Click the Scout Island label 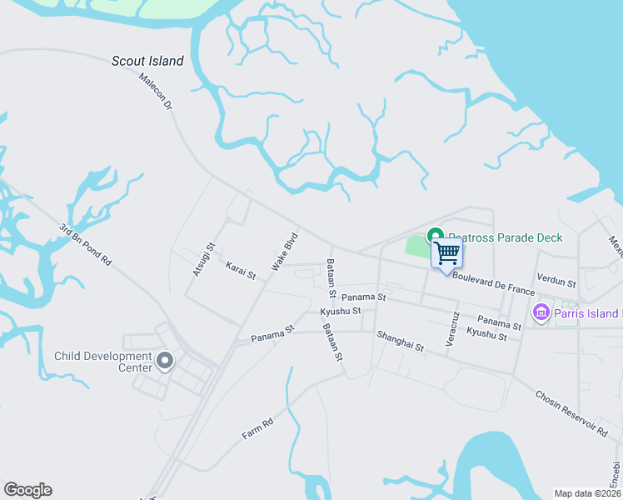tap(147, 61)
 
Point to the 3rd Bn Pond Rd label tap(85, 243)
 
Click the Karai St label tap(241, 270)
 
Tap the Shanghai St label tap(400, 340)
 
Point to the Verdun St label tap(556, 282)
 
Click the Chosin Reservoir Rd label tap(571, 413)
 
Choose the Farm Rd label tap(257, 429)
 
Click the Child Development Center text tap(104, 362)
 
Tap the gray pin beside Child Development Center tap(165, 361)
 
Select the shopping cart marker tap(447, 252)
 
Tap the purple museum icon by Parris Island tap(541, 313)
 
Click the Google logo tap(27, 490)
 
